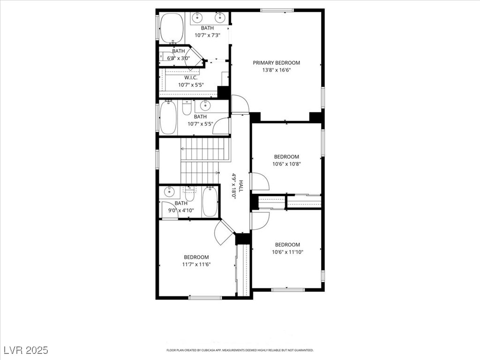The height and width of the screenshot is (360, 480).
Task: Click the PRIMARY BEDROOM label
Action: pos(276,63)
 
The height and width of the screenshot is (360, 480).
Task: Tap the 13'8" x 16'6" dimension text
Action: pos(276,71)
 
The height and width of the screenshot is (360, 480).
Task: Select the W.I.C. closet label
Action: pos(190,77)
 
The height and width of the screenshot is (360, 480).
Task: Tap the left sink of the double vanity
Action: pos(197,18)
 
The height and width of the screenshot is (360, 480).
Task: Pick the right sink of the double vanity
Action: pos(219,18)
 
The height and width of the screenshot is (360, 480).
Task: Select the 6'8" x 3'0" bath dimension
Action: pos(178,59)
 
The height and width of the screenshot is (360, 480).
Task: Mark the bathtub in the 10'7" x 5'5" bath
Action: pos(168,118)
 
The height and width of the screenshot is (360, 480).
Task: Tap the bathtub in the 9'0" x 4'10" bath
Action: pos(210,202)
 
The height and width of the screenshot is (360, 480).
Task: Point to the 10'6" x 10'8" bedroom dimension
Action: pos(286,164)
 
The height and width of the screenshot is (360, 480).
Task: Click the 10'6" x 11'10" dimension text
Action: pos(287,252)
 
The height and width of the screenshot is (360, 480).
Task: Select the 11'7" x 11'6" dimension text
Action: pos(196,264)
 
